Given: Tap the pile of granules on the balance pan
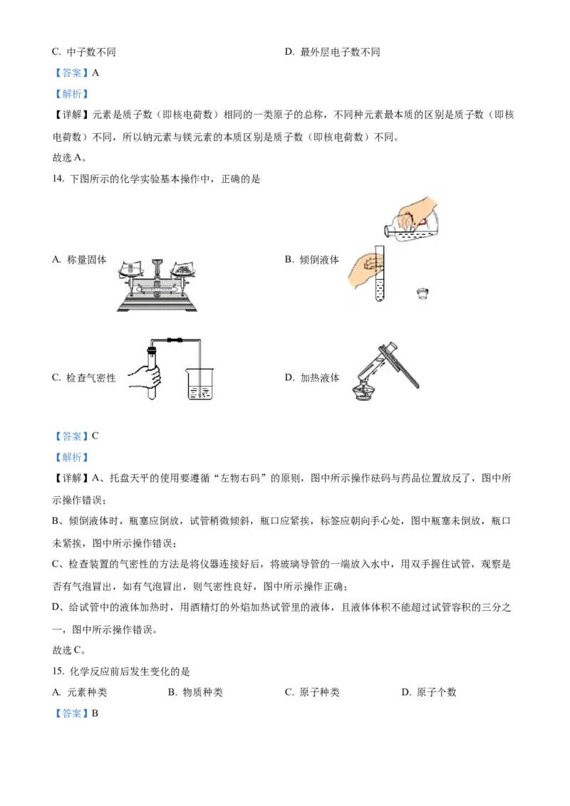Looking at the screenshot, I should (x=184, y=269).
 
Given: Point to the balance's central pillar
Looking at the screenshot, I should (x=157, y=273).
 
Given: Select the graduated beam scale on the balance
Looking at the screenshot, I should (x=157, y=291).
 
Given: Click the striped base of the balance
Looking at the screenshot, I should (x=157, y=306).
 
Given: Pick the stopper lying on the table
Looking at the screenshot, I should (x=423, y=293).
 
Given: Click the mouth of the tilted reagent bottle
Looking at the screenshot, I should (x=387, y=230).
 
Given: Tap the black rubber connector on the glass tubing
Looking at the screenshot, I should (x=173, y=340).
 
